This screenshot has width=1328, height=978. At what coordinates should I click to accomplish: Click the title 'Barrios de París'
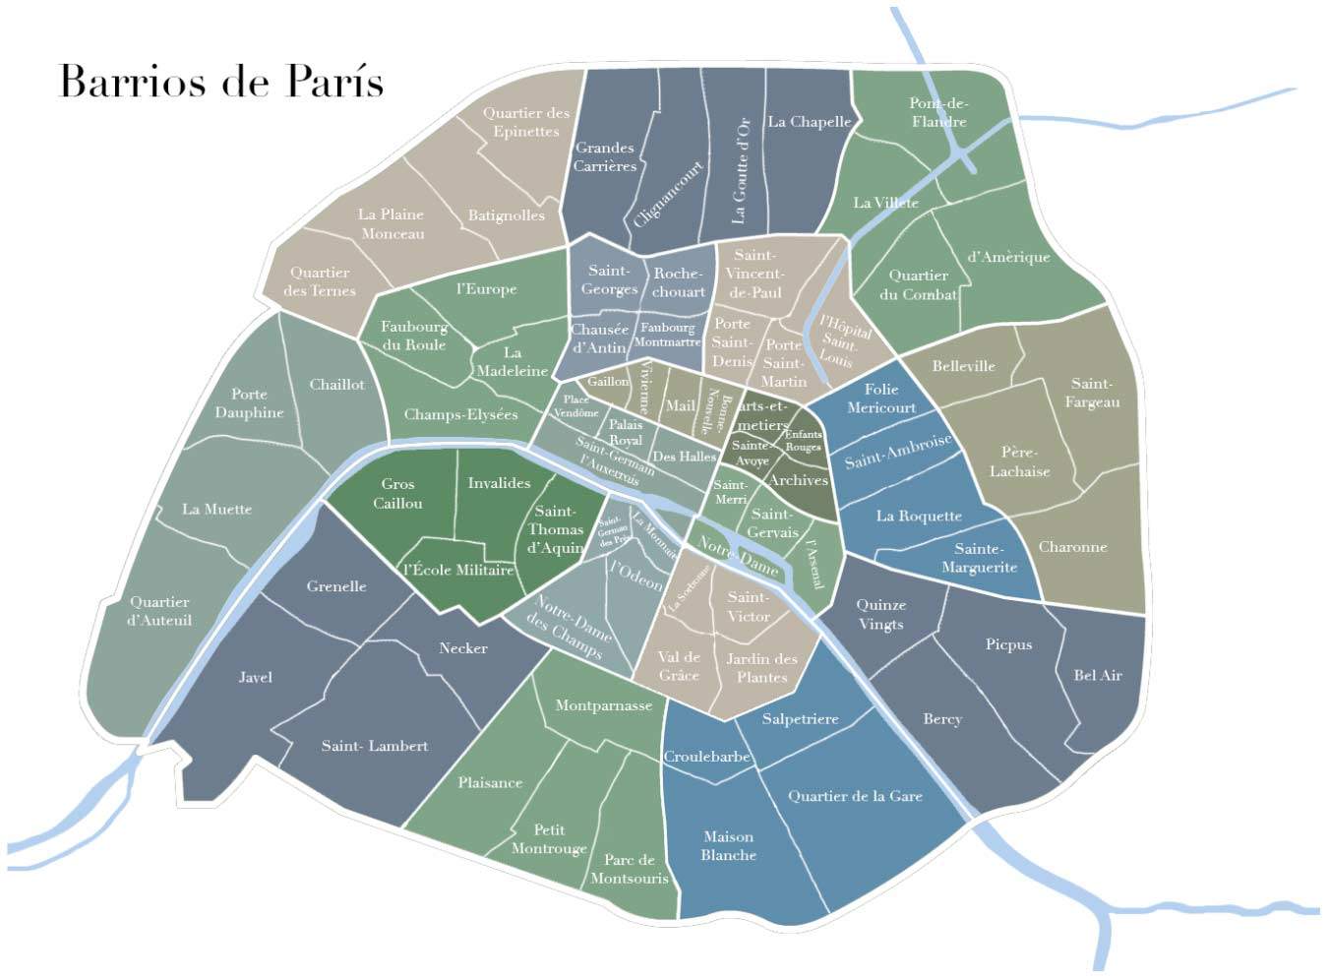(221, 81)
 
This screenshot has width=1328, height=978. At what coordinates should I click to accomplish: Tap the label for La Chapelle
(809, 122)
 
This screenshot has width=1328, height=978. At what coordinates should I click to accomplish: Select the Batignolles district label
(506, 215)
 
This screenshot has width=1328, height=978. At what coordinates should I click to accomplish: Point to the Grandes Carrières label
(605, 156)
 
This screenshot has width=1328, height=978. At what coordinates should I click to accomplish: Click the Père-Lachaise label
(1019, 461)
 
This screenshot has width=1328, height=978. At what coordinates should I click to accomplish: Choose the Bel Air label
(1098, 675)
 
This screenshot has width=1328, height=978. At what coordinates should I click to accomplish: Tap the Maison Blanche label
(729, 846)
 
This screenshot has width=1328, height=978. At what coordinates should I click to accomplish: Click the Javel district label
(255, 677)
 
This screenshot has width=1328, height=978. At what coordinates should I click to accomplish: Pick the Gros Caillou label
(397, 493)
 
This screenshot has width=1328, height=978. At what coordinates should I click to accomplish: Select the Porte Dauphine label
(249, 403)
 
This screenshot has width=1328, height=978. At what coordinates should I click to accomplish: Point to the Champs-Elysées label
(460, 414)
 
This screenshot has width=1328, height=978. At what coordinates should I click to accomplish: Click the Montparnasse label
(603, 705)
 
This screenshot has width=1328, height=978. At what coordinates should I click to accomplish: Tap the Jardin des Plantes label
(761, 667)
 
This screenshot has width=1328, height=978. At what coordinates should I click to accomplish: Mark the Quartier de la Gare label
(855, 796)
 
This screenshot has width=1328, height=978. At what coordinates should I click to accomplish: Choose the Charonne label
(1072, 547)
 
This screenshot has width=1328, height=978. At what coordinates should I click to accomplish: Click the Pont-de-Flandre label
(938, 112)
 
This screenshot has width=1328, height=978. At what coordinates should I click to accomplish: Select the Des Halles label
(684, 457)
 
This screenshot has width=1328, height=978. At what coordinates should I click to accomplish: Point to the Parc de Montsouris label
(629, 869)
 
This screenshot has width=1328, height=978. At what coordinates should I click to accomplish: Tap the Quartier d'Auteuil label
(159, 611)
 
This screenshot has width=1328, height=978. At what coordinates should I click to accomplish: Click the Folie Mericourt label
(880, 398)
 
